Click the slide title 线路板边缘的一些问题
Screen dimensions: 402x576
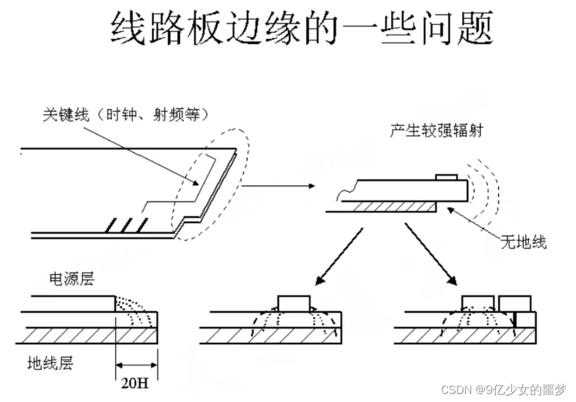click(x=302, y=28)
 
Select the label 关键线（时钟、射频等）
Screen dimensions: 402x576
click(x=127, y=114)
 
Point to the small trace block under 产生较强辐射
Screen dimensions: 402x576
click(x=445, y=178)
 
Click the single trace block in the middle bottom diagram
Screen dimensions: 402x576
click(x=295, y=303)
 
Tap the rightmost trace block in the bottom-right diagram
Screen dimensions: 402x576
click(x=515, y=303)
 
